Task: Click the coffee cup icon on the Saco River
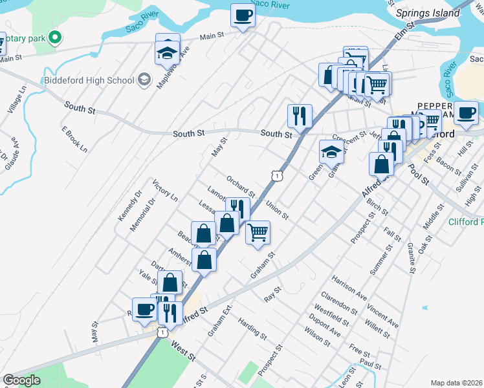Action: point(243,15)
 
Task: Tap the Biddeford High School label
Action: point(88,80)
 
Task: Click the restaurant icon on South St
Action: point(300,116)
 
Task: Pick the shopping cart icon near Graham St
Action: point(258,232)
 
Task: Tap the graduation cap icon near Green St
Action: point(331,153)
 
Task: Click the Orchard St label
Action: point(241,186)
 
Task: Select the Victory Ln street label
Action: point(165,190)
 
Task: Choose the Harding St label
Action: point(252,329)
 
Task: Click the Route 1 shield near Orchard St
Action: point(277,175)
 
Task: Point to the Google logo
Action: point(21,380)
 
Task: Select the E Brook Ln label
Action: point(74,138)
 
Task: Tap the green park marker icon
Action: point(56,38)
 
